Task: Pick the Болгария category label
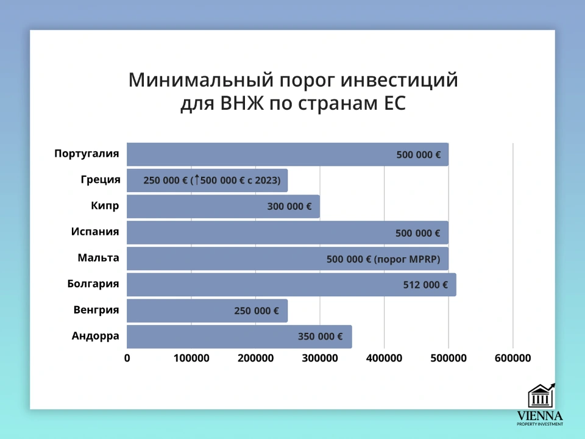93,284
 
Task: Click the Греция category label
100,180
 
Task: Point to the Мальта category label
98,258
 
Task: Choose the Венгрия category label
96,310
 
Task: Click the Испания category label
94,232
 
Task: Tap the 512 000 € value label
425,285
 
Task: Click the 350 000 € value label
320,337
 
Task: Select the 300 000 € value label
289,207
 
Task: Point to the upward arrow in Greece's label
197,180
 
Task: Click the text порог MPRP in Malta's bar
407,259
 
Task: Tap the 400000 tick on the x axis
384,358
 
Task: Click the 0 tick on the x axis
127,358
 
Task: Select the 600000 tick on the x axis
512,358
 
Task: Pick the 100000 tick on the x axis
191,358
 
